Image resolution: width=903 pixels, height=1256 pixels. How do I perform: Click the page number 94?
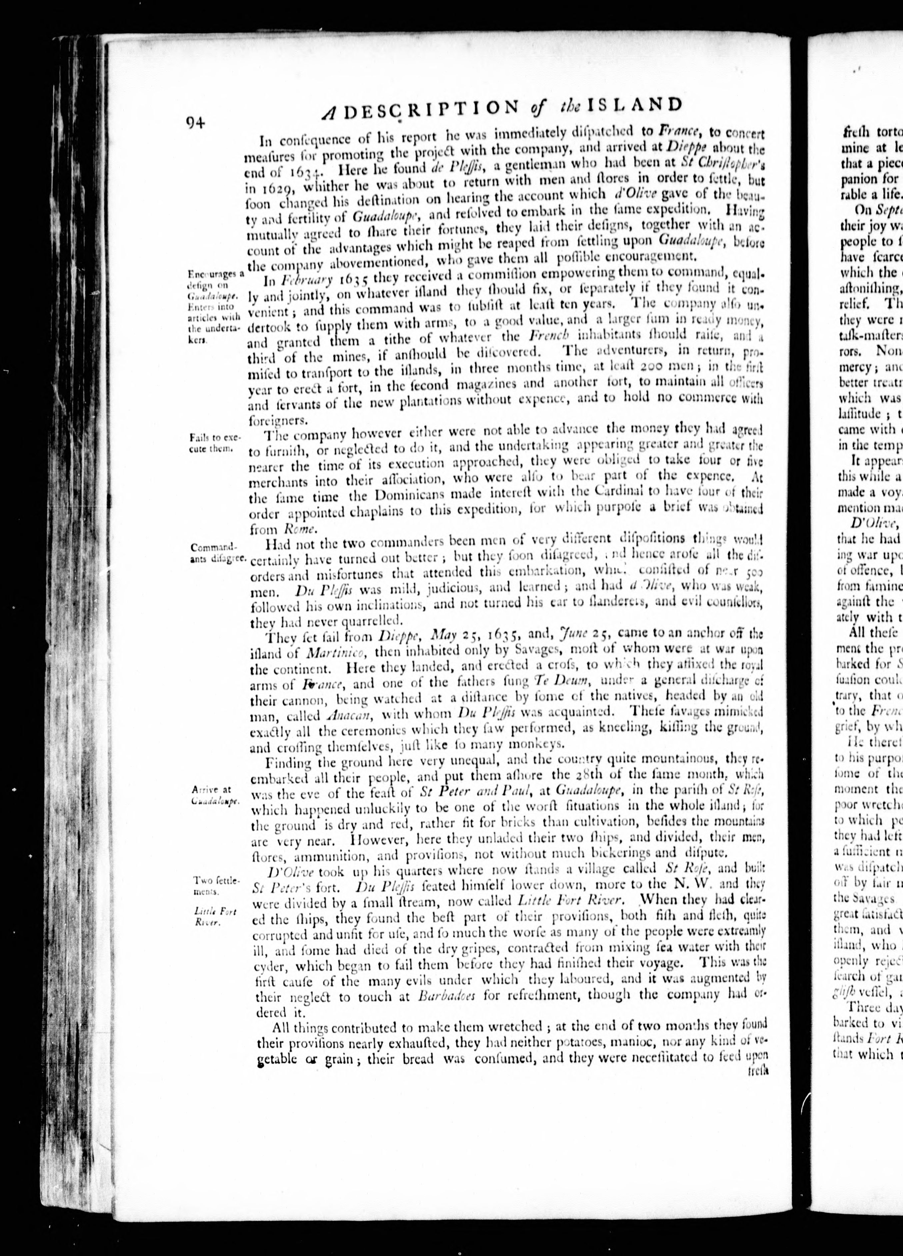coord(196,122)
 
